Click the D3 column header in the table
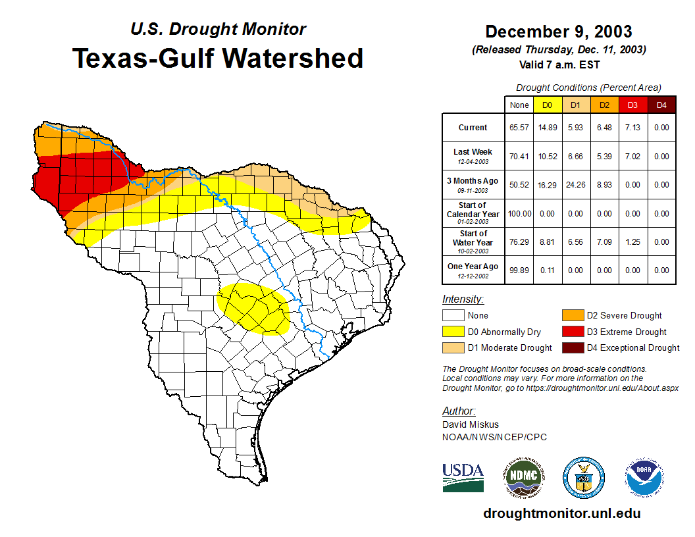click(632, 105)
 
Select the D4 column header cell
click(661, 105)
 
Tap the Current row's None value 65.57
click(519, 128)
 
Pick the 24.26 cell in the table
click(575, 185)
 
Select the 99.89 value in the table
click(519, 270)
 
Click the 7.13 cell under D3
click(632, 128)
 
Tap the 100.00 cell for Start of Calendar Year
click(519, 213)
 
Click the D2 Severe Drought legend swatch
click(571, 316)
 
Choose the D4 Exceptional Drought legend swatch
click(571, 347)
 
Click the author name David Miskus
click(469, 424)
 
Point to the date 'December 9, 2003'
click(558, 32)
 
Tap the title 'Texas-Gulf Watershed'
click(217, 58)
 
